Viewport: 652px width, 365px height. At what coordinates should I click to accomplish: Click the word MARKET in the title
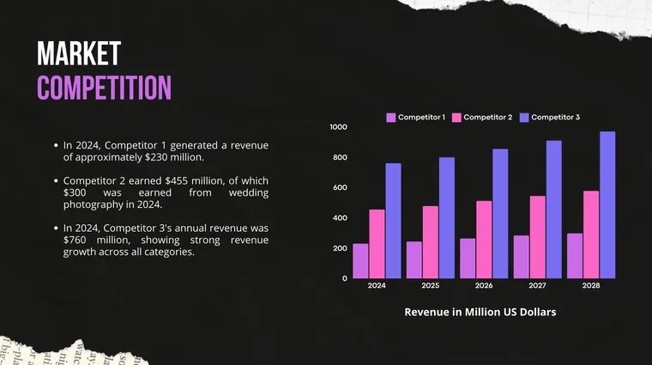pos(78,54)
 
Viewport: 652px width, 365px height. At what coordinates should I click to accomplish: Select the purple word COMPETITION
pos(104,88)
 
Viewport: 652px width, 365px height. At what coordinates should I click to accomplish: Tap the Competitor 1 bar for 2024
pos(360,261)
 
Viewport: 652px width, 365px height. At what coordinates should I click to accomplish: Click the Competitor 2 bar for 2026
pos(484,240)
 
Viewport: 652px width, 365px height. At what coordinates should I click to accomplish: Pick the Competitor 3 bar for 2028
pos(607,205)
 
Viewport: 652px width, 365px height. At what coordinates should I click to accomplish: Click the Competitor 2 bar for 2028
pos(591,234)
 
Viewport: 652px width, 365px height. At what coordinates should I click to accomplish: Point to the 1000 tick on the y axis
pos(338,127)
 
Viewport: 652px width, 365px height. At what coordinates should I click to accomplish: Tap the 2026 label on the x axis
pos(484,285)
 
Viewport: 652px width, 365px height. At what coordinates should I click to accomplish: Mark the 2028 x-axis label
pos(591,285)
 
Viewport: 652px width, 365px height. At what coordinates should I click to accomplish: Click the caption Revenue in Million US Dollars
pos(480,313)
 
